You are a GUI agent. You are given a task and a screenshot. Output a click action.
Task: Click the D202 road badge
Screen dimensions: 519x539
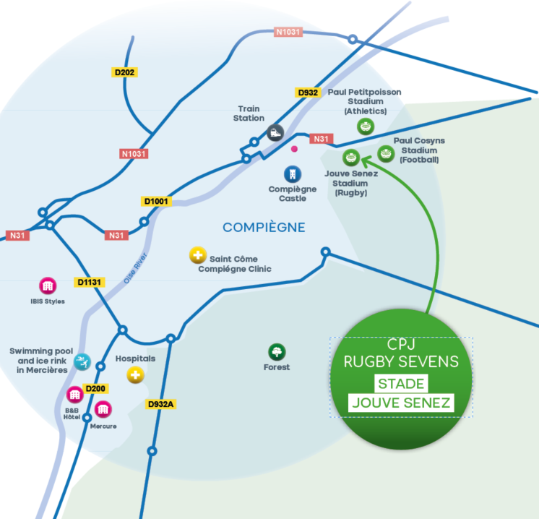(x=125, y=72)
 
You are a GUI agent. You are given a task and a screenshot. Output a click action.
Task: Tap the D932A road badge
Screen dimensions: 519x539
(x=160, y=404)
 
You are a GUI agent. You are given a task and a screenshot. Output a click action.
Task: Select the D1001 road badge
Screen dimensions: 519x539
(x=155, y=202)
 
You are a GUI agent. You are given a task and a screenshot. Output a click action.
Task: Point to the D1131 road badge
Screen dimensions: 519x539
(x=90, y=281)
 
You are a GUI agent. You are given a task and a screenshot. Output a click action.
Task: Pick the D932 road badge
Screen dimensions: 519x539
(x=308, y=93)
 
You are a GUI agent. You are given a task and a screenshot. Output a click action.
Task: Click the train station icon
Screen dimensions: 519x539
(x=275, y=133)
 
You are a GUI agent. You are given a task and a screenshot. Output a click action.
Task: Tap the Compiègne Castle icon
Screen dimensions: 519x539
(x=292, y=174)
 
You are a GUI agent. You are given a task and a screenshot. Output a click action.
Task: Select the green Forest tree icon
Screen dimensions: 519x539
(x=276, y=352)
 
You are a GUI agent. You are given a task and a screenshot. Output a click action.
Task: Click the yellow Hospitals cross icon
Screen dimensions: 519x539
(x=135, y=375)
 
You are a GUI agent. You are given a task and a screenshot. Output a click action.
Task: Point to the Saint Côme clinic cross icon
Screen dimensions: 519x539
(x=197, y=255)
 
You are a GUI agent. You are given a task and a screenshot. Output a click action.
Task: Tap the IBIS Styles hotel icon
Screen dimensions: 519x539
(x=48, y=286)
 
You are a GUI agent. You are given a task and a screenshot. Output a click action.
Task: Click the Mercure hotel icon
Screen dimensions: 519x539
(x=103, y=409)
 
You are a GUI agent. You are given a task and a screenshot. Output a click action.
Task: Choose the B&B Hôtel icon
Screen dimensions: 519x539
(x=74, y=395)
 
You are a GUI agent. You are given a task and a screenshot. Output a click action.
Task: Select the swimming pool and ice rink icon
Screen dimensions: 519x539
(x=82, y=361)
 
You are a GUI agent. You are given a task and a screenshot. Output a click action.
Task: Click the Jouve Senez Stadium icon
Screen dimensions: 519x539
(x=350, y=157)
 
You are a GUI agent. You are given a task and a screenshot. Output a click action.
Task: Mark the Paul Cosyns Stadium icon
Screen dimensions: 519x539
(x=386, y=153)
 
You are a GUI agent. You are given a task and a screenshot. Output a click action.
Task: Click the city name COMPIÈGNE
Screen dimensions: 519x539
(x=264, y=228)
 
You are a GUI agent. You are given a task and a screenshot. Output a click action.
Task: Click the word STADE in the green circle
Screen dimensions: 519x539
(x=401, y=383)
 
